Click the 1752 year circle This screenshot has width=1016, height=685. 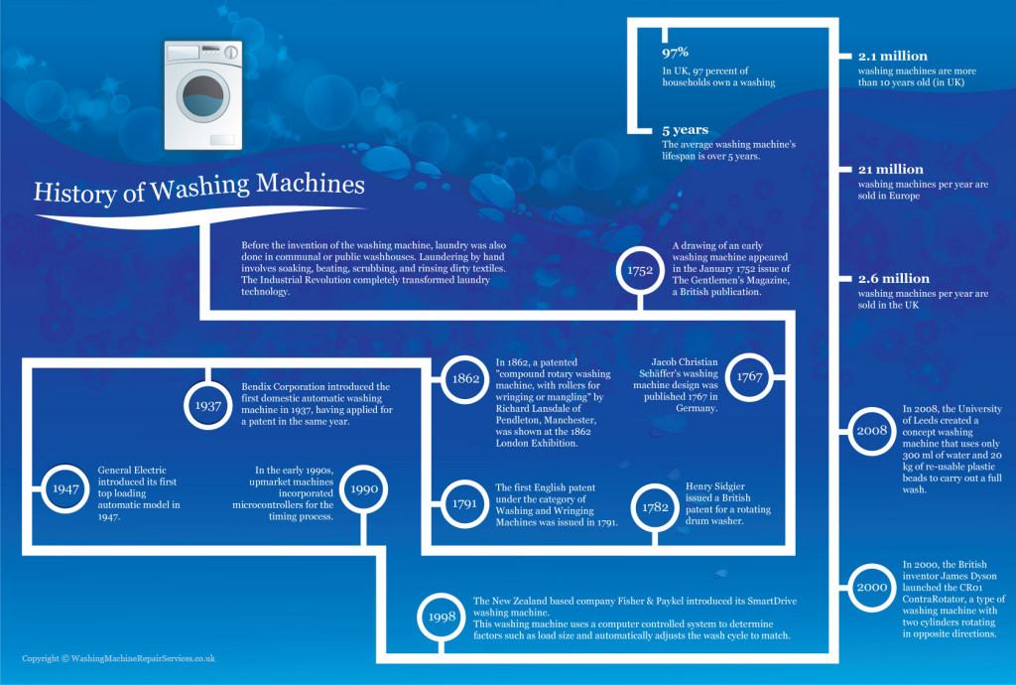point(640,270)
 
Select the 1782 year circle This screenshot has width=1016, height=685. point(654,506)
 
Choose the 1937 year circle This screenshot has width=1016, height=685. point(208,406)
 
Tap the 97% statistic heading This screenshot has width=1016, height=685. point(676,54)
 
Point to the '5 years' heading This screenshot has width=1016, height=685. point(685,130)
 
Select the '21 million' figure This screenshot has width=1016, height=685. point(890,170)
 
